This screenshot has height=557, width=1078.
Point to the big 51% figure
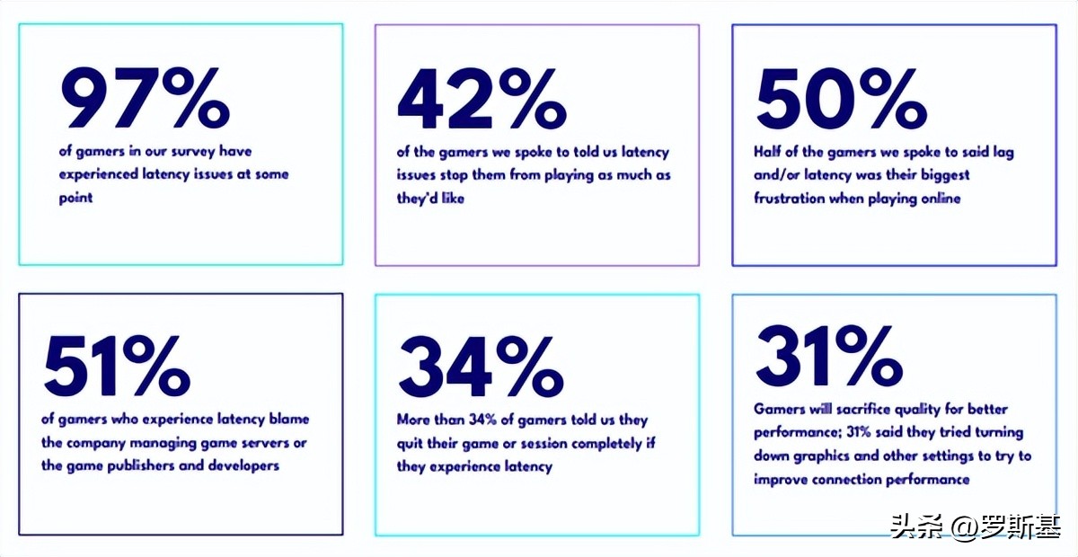(117, 367)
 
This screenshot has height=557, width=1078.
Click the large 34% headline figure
(481, 367)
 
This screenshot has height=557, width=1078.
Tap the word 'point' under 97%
(75, 198)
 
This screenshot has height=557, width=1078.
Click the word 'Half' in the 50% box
(769, 152)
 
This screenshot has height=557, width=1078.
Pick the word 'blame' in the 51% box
(286, 420)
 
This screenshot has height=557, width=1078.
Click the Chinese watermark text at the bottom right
(976, 526)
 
